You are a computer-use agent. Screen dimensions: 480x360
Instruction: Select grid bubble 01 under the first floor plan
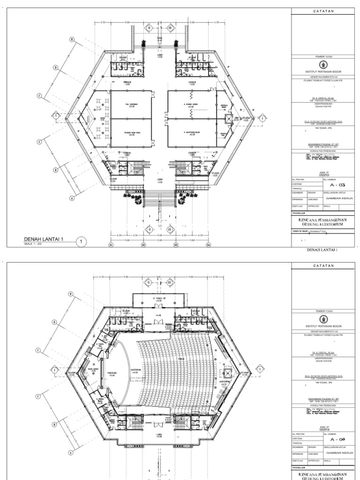[111, 244]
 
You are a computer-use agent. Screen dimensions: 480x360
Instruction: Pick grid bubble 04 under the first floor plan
[208, 244]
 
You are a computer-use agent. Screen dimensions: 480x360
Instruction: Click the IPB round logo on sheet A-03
[322, 65]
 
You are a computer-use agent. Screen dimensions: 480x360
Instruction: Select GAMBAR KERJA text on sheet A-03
[335, 199]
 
